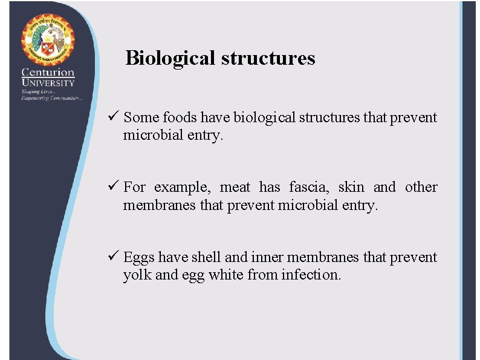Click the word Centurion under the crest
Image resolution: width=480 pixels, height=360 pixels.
pyautogui.click(x=48, y=73)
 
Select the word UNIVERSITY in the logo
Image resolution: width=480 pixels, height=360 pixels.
pyautogui.click(x=48, y=82)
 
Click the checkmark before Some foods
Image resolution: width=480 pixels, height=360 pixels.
pyautogui.click(x=114, y=117)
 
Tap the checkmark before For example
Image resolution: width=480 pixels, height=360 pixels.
pyautogui.click(x=114, y=187)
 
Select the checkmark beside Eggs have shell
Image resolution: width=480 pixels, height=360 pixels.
pyautogui.click(x=114, y=257)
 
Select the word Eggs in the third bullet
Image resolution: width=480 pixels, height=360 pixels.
pyautogui.click(x=139, y=257)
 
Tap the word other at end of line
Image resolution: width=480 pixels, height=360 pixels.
pyautogui.click(x=421, y=187)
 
